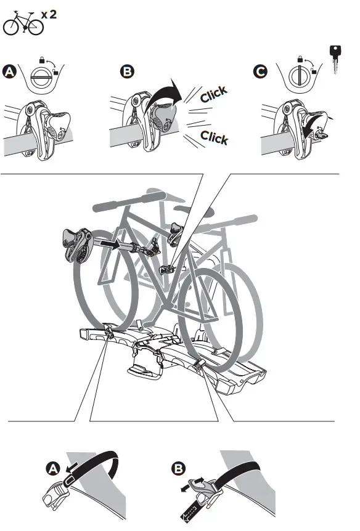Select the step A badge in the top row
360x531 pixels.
(10, 73)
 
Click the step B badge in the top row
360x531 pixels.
(127, 73)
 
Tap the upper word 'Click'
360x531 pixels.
(213, 95)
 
